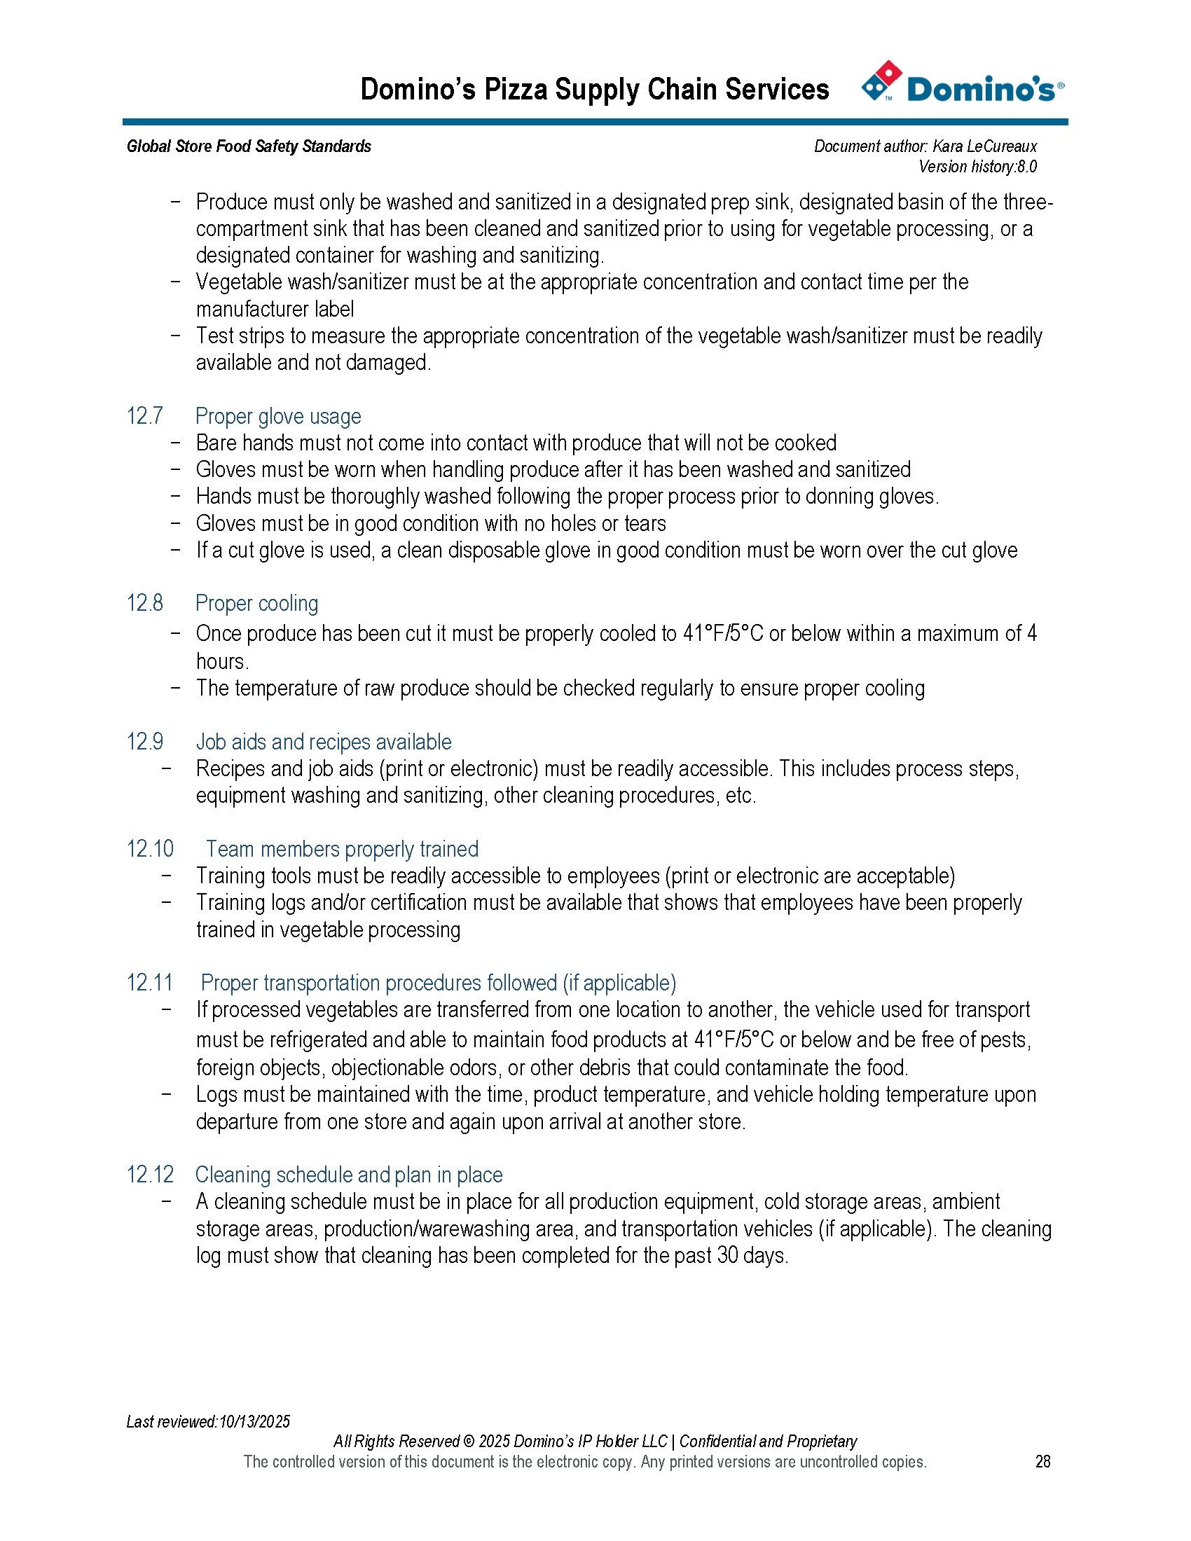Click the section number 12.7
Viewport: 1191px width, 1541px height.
[144, 416]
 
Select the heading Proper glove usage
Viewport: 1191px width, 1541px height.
[278, 416]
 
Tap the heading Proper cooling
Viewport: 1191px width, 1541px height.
[257, 603]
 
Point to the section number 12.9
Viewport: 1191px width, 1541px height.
[144, 742]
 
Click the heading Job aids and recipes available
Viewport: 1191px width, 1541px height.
[323, 742]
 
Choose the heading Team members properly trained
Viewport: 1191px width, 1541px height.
[342, 849]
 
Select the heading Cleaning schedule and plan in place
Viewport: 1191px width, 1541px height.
[349, 1175]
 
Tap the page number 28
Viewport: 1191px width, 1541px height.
[1043, 1461]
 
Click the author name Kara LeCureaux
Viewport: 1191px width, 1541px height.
[984, 146]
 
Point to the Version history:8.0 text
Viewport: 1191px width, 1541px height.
[977, 167]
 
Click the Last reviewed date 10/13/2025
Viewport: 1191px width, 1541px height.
[255, 1422]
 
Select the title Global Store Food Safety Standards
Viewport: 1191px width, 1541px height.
[249, 146]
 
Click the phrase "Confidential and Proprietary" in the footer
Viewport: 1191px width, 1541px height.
[768, 1442]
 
